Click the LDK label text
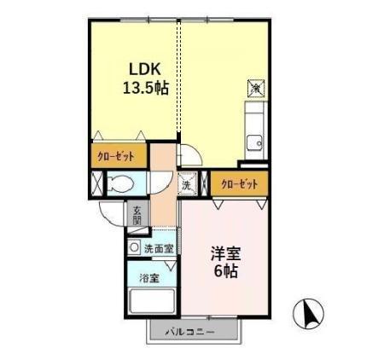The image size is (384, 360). click(143, 69)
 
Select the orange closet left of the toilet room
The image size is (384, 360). click(114, 157)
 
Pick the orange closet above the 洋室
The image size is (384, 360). click(239, 183)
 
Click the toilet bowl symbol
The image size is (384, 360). click(119, 182)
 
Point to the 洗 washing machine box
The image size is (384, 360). click(186, 182)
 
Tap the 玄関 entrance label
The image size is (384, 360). click(137, 214)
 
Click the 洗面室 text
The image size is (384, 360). click(158, 249)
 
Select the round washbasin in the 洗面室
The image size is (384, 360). click(134, 247)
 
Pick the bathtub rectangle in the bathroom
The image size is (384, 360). click(151, 303)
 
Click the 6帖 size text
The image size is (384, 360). click(225, 272)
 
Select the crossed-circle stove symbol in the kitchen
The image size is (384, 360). click(255, 87)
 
